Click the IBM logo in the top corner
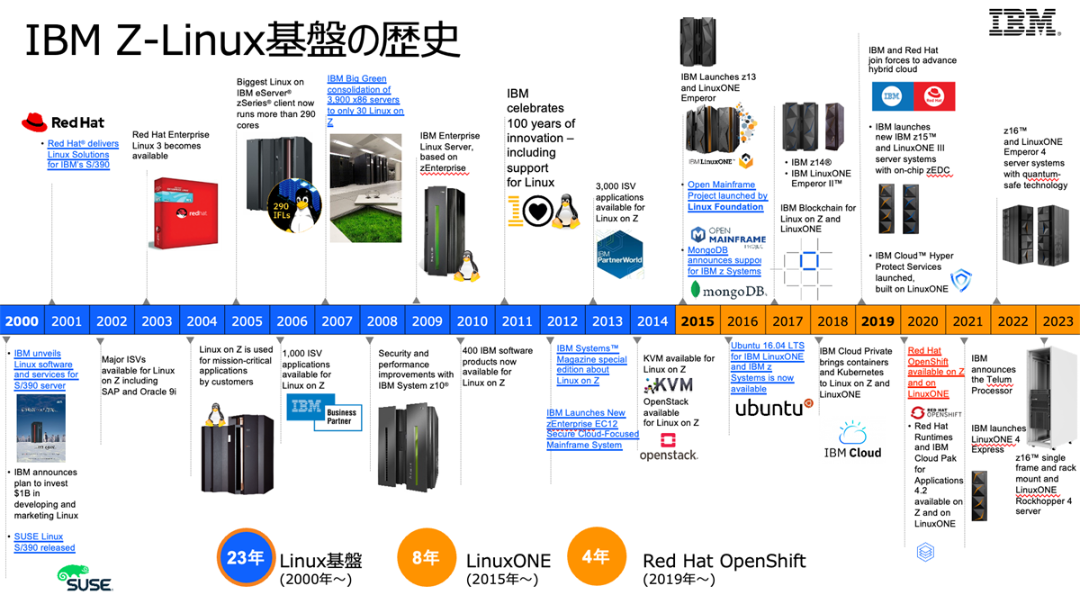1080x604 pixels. [x=1021, y=23]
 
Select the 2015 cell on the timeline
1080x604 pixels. [x=697, y=321]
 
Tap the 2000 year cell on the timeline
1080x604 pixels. [x=22, y=321]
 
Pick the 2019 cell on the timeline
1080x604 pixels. [x=877, y=321]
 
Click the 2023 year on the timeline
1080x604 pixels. [x=1057, y=321]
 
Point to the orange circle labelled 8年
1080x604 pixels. [x=425, y=558]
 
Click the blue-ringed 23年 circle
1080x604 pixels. [x=245, y=558]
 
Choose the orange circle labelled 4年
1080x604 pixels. [x=595, y=558]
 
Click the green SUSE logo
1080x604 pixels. [x=85, y=579]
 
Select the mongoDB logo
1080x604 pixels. [x=727, y=290]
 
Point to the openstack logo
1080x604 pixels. [x=669, y=447]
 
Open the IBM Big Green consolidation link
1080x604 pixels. [x=365, y=100]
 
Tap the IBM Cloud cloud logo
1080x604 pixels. [x=852, y=435]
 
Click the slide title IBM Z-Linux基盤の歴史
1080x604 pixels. [x=242, y=41]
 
